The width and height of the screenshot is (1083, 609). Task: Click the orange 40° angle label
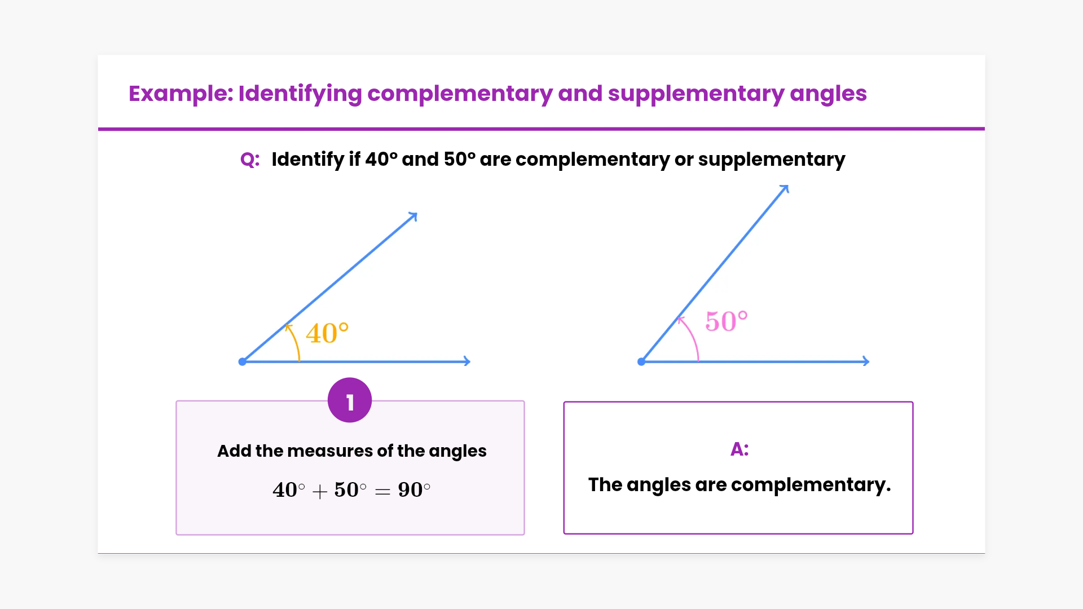[x=327, y=333]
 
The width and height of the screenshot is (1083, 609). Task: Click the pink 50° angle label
[x=727, y=321]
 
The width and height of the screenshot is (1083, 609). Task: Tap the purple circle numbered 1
[x=350, y=400]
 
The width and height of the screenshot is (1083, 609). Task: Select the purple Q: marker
[x=250, y=160]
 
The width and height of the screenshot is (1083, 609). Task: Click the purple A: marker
[x=739, y=449]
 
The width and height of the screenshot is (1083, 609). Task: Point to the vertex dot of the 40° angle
[x=243, y=361]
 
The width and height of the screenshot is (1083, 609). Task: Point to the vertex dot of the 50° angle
[x=641, y=361]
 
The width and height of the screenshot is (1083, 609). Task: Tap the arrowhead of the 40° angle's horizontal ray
[x=467, y=361]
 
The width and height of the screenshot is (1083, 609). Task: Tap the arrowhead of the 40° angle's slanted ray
[x=413, y=216]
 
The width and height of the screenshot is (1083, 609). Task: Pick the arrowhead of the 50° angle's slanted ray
[x=785, y=188]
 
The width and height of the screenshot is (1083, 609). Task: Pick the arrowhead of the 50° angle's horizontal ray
[x=866, y=361]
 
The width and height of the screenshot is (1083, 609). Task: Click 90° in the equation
[x=414, y=489]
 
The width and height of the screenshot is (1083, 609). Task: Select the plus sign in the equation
[x=320, y=492]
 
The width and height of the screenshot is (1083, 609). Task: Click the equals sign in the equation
[x=382, y=492]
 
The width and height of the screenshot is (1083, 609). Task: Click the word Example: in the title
[x=180, y=94]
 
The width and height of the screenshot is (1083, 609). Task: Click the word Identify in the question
[x=307, y=160]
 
